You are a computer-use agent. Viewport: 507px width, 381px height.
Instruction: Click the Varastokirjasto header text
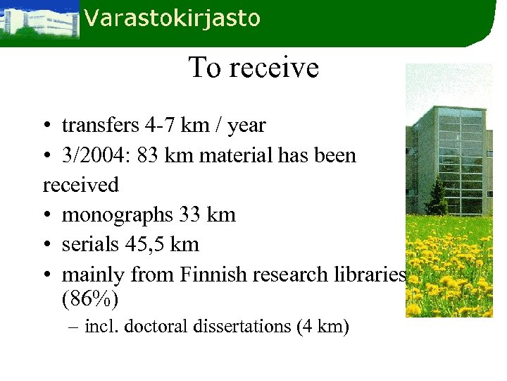(172, 18)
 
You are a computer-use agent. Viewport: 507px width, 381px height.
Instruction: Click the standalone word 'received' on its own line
(81, 185)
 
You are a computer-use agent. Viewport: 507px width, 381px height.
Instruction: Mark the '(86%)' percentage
(91, 298)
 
